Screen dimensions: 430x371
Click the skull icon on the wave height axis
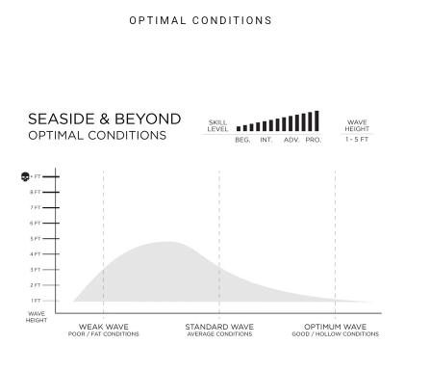tap(25, 176)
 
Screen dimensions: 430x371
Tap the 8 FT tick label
tap(36, 192)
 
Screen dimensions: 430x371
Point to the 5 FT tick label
tap(36, 239)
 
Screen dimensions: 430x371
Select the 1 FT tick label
tap(36, 301)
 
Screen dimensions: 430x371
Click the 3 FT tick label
tap(36, 270)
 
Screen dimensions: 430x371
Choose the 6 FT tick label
tap(36, 223)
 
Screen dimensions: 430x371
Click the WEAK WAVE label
tap(104, 327)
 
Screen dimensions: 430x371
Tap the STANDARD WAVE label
tap(219, 327)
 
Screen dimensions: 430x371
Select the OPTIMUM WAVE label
tap(336, 327)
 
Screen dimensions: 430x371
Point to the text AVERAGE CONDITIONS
tap(219, 334)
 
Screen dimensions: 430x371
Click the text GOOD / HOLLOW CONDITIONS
tap(336, 334)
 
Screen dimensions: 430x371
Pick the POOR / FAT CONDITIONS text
tap(104, 334)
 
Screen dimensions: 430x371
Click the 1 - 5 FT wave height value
tap(357, 140)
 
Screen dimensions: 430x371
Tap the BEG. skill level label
tap(242, 140)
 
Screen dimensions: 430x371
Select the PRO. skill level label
tap(314, 140)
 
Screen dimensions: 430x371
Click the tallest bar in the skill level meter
tap(316, 120)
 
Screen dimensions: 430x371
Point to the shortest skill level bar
tap(239, 128)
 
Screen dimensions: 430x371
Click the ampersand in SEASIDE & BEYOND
tap(105, 119)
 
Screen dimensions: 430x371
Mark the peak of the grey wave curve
tap(167, 242)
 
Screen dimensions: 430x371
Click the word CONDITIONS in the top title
tap(232, 20)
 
